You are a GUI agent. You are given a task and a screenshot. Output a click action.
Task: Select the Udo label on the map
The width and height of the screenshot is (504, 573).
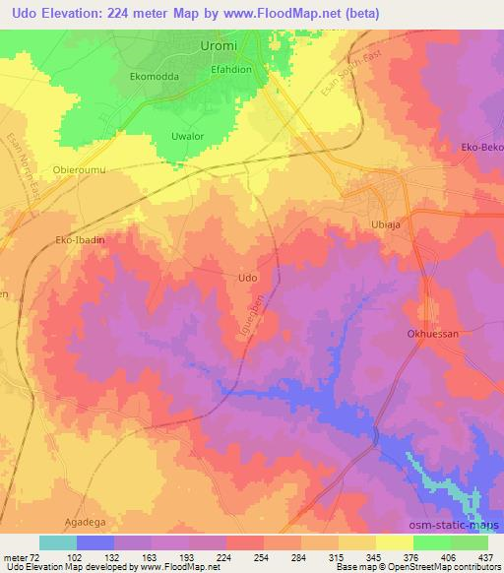point(249,278)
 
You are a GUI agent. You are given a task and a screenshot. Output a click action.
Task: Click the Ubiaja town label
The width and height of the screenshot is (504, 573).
point(387,224)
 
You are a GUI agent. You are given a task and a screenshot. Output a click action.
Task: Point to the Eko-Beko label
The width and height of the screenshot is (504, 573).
point(481,148)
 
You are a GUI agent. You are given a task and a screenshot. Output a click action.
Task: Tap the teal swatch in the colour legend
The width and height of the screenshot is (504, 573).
point(58,542)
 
